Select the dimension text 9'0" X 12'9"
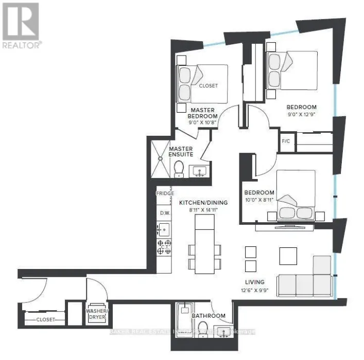coord(302,115)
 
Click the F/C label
coord(286,140)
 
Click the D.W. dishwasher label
coord(165,212)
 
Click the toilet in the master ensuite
coord(179,169)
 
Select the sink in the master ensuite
coord(199,170)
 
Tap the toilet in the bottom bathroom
coord(203,328)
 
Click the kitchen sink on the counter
coord(164,228)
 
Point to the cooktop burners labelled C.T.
coord(164,247)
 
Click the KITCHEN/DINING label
coord(203,203)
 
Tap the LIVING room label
coord(255,282)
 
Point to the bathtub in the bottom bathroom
coord(184,321)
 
